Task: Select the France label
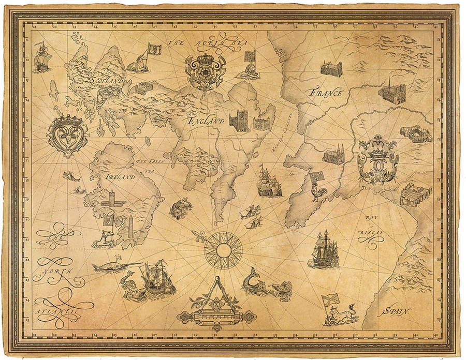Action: coord(326,93)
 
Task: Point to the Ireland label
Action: coord(120,177)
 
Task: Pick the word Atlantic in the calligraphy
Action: coord(57,312)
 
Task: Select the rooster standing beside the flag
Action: coord(315,192)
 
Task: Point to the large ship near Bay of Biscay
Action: coord(325,251)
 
